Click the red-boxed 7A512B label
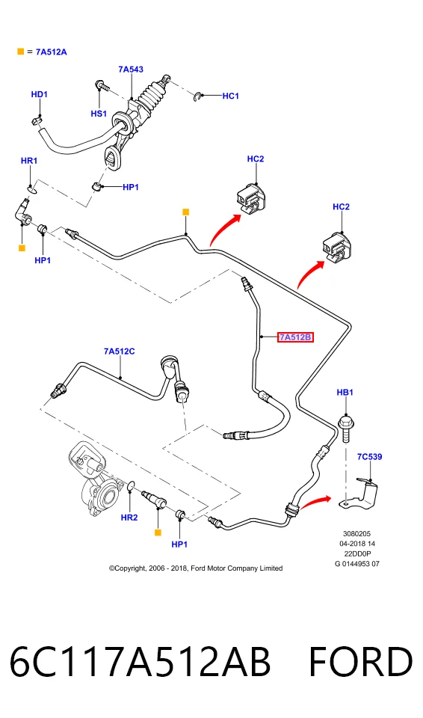[x=295, y=337]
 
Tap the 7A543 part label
[x=131, y=69]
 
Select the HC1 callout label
[x=231, y=96]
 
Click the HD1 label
[x=40, y=94]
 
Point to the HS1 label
[x=99, y=114]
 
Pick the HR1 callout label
[x=29, y=161]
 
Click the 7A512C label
[x=119, y=352]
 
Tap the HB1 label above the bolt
[x=345, y=393]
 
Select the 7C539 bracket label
[x=369, y=456]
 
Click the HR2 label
[x=129, y=518]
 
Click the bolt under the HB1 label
[x=346, y=429]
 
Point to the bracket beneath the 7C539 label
[x=362, y=494]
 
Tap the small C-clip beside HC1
[x=197, y=96]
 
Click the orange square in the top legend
[x=21, y=52]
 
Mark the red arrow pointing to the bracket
[x=315, y=500]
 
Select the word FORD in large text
[x=361, y=662]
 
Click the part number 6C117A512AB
[x=140, y=662]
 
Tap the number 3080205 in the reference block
[x=357, y=533]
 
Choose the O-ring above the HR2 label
[x=131, y=486]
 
